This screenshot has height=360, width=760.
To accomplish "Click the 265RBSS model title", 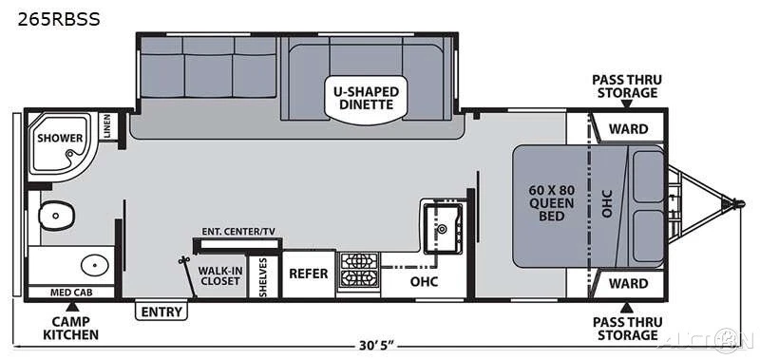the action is pos(59,19).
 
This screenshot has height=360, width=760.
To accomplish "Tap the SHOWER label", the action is pos(60,138).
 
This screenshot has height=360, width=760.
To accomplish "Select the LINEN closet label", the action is pos(107,126).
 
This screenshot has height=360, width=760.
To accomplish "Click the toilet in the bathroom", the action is pos(56,215).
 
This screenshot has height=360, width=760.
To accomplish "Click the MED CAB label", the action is pos(71,293).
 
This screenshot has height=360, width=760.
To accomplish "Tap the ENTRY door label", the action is pos(161,313).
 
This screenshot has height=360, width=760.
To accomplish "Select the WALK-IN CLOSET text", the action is pos(220,275).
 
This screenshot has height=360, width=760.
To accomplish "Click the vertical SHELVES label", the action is pos(263,277).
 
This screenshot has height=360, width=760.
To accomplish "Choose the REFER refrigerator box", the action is pos(309,274).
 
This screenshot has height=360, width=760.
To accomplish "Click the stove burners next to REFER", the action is pos(359,270).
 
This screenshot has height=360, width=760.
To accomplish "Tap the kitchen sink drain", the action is pos(442,228).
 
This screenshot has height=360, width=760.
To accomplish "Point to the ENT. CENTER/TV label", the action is pos(238,232).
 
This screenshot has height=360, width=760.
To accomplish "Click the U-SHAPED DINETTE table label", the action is pos(366,98).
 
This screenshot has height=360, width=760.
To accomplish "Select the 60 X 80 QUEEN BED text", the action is pos(551,202).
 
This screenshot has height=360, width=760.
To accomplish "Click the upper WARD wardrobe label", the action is pos(628,129).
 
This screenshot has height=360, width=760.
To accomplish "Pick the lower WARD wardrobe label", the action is pos(628,283).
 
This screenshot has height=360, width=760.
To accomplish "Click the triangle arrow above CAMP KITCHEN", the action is pos(72,306).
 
